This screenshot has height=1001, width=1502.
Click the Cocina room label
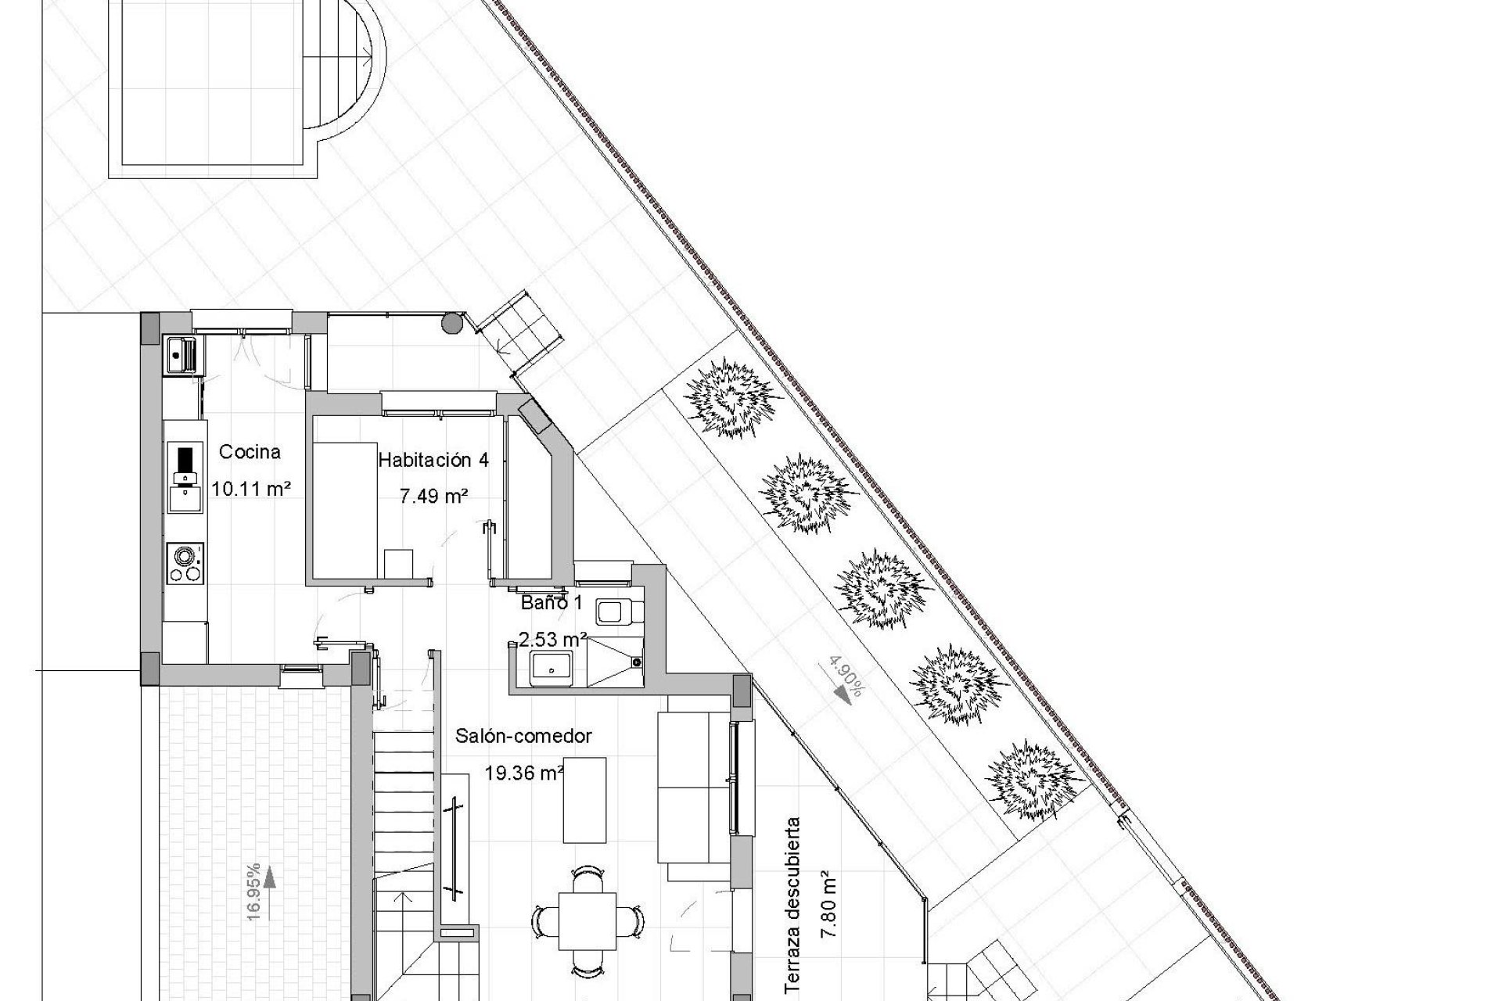coord(250,452)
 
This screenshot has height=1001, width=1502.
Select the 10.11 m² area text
coord(251,490)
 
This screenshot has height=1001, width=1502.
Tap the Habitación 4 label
coord(433,460)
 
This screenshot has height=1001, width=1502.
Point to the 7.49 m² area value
coord(434,496)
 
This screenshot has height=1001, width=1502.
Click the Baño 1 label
coord(552,603)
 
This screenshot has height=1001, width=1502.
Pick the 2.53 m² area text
coord(553,639)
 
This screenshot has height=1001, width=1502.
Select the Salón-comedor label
coord(523,736)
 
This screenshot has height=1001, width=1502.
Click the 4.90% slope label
coord(845,677)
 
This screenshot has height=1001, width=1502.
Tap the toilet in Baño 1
coord(618,611)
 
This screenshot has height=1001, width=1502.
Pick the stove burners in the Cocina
coord(185,563)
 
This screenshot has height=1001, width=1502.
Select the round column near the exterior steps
coord(452,323)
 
